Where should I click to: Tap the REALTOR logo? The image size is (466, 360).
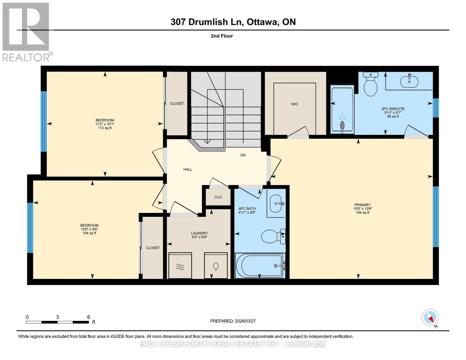[26, 31]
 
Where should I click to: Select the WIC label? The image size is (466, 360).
[294, 104]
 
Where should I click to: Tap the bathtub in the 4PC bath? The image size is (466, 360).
[260, 265]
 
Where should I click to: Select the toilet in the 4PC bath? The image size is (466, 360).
[272, 236]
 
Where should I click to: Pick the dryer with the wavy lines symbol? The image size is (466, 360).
[180, 266]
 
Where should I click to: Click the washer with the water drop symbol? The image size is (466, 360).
[216, 266]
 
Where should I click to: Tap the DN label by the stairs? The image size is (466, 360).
[243, 155]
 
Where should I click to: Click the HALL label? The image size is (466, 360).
[188, 169]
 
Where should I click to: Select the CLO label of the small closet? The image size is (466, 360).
[218, 197]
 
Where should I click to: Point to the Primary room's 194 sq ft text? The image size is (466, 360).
[362, 213]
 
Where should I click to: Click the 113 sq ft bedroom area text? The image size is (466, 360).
[105, 128]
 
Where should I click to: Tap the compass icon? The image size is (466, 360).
[430, 317]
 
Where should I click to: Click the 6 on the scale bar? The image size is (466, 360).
[89, 317]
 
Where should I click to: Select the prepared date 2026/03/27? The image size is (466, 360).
[233, 321]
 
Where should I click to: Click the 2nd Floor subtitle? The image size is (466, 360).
[222, 36]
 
